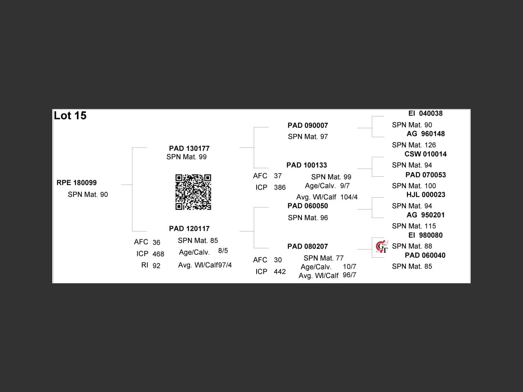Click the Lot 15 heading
point(70,116)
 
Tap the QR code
point(193,192)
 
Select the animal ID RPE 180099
point(77,183)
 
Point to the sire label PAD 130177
point(189,148)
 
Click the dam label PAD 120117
point(189,229)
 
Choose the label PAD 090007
point(308,125)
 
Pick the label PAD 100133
point(306,165)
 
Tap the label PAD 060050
point(308,206)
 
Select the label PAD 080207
point(308,246)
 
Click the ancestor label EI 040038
point(425,114)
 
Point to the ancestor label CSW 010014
point(425,154)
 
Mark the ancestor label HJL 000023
point(426,195)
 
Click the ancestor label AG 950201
point(425,215)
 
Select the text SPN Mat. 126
point(414,145)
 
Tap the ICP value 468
point(158,254)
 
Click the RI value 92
point(156,266)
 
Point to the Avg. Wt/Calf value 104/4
point(349,197)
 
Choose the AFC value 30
point(278,260)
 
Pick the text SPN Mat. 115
point(414,226)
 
